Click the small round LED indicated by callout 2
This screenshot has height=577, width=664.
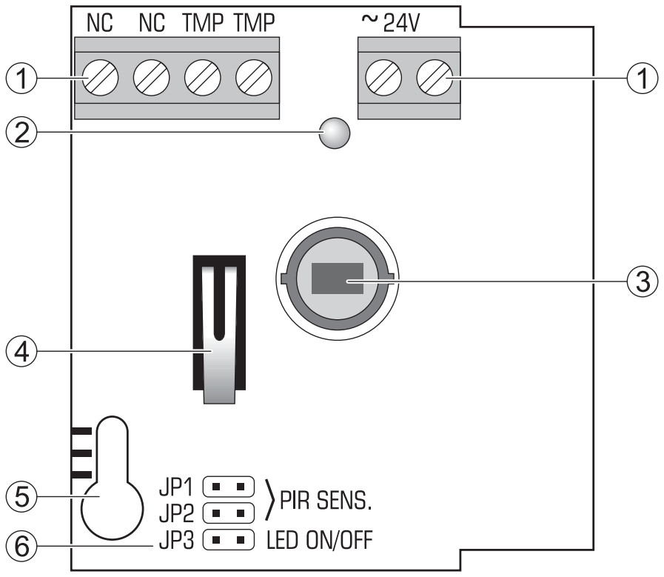pyautogui.click(x=335, y=134)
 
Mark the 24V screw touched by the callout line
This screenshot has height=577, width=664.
pyautogui.click(x=434, y=78)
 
